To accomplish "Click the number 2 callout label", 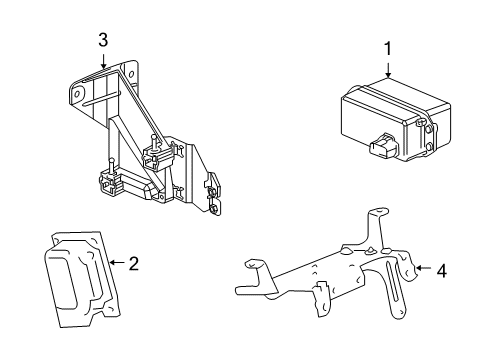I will click(133, 264).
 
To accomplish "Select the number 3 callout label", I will click(102, 41).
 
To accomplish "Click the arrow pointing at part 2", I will click(115, 264).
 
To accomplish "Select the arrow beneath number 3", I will click(102, 61).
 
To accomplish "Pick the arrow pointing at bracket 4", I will click(423, 268).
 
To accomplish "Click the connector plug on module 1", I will click(382, 149).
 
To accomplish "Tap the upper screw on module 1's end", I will click(426, 125).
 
